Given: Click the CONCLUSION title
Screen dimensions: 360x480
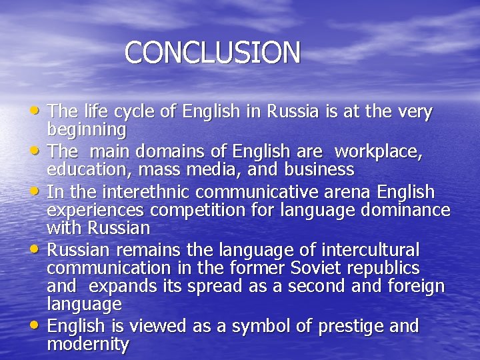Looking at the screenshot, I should [212, 53].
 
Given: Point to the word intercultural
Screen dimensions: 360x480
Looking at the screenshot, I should [370, 251].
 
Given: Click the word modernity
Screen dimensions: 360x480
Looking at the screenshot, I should [87, 344].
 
